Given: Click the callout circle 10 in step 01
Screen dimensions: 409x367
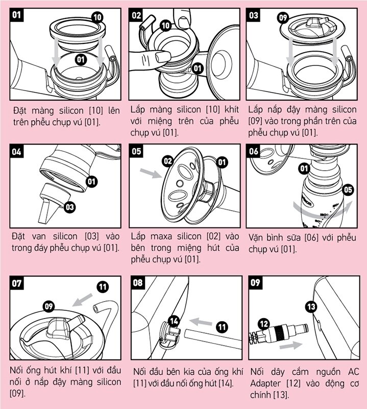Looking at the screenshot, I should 97,17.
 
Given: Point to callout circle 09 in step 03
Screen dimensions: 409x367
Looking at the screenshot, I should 283,18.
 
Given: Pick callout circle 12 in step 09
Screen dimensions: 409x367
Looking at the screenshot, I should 263,323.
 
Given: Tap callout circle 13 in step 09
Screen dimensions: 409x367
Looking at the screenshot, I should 311,307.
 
